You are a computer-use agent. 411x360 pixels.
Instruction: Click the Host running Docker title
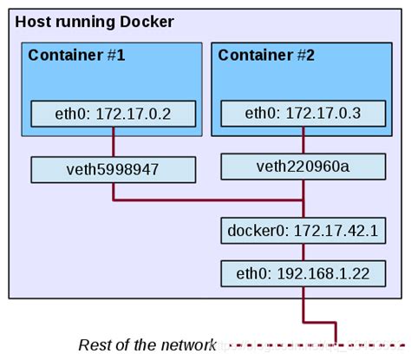tap(95, 21)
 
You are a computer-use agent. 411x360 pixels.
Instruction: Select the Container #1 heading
tap(77, 56)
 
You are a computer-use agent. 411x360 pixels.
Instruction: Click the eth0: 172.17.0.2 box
tap(113, 114)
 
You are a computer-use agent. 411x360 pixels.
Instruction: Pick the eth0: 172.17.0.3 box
tap(303, 114)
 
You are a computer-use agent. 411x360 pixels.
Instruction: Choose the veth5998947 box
tap(113, 169)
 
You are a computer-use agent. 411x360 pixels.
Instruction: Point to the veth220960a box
tap(303, 167)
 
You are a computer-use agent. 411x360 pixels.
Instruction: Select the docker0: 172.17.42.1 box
tap(303, 232)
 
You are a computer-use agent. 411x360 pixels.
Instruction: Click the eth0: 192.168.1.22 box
tap(303, 273)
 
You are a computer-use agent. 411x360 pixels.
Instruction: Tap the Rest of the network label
tap(145, 344)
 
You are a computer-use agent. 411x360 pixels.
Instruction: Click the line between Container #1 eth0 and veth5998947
tap(113, 141)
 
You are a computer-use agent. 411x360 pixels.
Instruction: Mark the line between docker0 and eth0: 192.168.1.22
tap(303, 252)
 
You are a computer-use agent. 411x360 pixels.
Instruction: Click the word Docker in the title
tap(148, 21)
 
